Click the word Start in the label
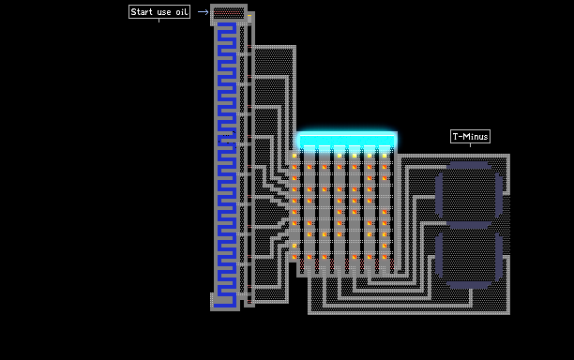(x=142, y=11)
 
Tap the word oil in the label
(x=182, y=11)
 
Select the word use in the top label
(x=164, y=12)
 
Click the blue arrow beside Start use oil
(x=204, y=12)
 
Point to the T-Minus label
(x=470, y=137)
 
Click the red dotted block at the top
(x=229, y=13)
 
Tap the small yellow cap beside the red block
(x=249, y=17)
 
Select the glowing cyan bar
(x=347, y=140)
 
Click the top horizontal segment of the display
(x=469, y=165)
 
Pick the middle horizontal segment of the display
(x=469, y=225)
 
